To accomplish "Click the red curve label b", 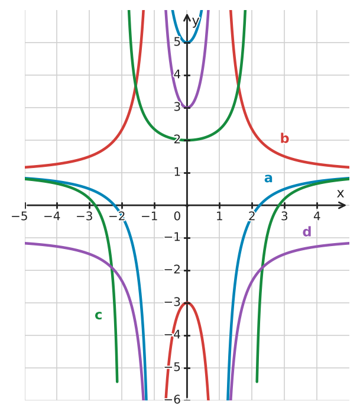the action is pos(284,138).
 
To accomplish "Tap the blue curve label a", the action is pos(268,179).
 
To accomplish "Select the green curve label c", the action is pos(98,315).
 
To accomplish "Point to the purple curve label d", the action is pos(307,232).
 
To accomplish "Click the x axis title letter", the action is pos(340,193).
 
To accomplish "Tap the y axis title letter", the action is pos(196,22).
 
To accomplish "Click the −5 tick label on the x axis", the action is pos(20,216).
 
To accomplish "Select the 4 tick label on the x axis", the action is pos(317,216).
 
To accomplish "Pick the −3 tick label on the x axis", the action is pos(85,216).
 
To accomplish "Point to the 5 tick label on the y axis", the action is pos(177,42).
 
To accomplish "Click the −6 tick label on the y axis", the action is pos(172,400).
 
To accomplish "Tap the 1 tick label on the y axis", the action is pos(177,172).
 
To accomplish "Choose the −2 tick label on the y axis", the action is pos(172,270).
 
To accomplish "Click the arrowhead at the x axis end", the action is pos(343,205).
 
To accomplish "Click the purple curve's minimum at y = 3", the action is pos(187,108).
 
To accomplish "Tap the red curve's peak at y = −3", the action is pos(187,303).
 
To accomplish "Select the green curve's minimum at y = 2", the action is pos(187,140).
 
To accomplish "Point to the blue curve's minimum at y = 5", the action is pos(187,42).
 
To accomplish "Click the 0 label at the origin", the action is pos(177,216).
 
